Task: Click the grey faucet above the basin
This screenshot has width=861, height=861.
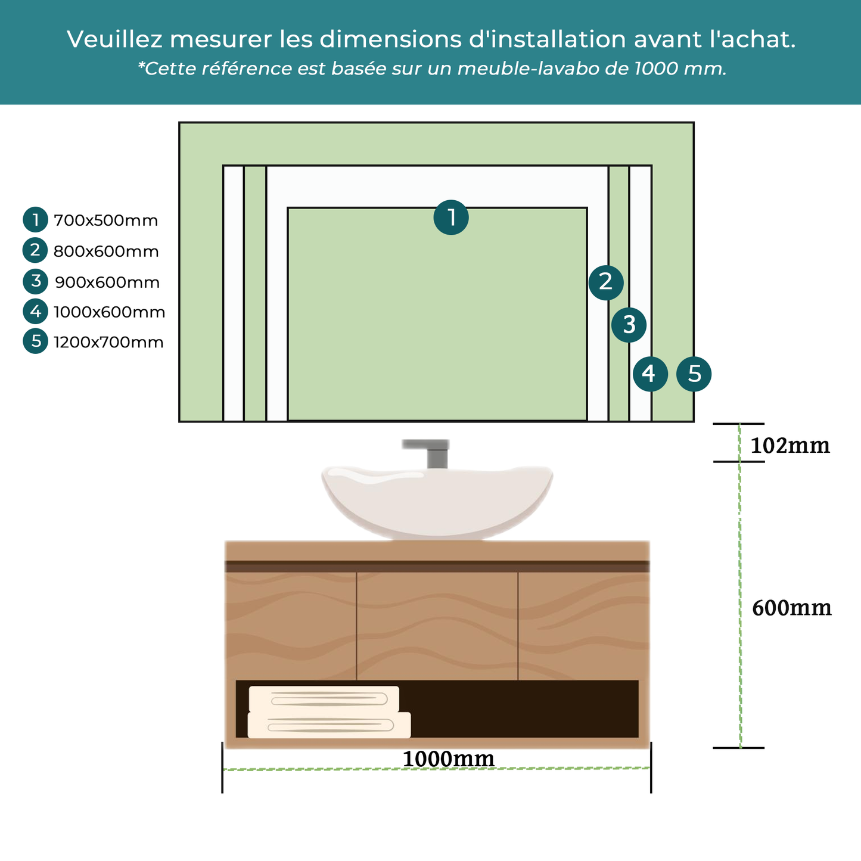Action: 433,453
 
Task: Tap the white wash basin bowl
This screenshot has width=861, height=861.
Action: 437,501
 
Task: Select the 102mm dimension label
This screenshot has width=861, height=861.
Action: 789,446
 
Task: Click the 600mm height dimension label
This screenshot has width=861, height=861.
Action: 791,608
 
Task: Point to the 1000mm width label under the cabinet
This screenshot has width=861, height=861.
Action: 448,759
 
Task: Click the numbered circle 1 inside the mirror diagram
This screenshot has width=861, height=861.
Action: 451,217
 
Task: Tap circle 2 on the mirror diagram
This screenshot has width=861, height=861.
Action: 606,282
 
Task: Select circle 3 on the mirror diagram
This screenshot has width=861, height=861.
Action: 629,325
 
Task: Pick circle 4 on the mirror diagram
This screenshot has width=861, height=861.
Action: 649,374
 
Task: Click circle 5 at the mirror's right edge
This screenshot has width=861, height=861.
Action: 694,374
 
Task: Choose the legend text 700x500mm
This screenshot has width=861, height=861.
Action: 106,221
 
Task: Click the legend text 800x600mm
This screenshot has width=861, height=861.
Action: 106,251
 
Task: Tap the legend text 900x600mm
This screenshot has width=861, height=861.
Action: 107,282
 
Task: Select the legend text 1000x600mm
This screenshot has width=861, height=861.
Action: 109,312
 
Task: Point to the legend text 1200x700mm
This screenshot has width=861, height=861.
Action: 108,343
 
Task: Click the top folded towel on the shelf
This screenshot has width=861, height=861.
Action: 324,698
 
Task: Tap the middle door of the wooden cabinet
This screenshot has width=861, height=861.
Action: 437,626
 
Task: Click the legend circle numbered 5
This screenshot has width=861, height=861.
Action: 36,341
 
